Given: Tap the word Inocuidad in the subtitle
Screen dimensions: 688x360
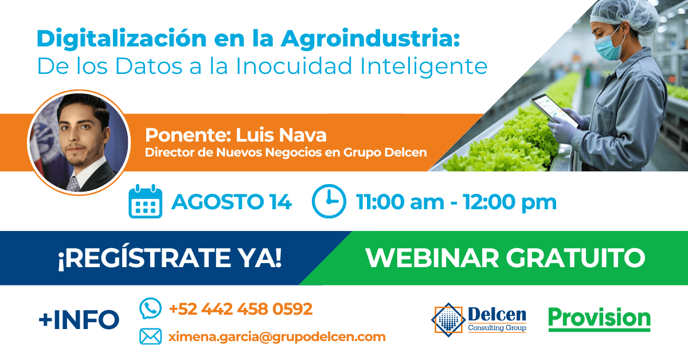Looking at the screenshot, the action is click(x=294, y=66).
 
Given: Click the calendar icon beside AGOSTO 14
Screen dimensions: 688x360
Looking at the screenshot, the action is click(x=145, y=202).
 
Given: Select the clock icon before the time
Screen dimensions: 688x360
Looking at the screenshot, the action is click(x=329, y=201).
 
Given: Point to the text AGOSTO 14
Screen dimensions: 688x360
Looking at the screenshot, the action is click(x=232, y=202).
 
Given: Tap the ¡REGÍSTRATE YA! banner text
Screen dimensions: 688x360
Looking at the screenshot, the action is click(x=170, y=258).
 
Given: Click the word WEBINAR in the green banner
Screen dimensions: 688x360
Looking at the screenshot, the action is click(x=432, y=258).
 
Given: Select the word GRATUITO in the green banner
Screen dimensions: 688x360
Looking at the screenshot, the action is click(x=576, y=258).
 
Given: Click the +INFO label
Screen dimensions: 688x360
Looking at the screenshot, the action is click(x=79, y=320).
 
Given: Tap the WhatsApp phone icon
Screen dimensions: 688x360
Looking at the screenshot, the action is click(x=150, y=308).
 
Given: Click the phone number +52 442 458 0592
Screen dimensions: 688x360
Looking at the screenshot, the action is click(x=241, y=309).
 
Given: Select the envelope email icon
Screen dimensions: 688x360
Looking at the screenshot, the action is click(x=150, y=336).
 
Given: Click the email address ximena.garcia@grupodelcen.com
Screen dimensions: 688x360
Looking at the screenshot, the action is click(x=277, y=337).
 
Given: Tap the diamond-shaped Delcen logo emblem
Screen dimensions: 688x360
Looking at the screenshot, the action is click(x=448, y=320).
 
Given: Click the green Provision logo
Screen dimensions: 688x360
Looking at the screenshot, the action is click(x=599, y=319).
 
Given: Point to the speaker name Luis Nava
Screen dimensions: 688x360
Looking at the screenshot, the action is click(x=281, y=135).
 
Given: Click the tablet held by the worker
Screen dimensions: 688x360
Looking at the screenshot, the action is click(x=554, y=111).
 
